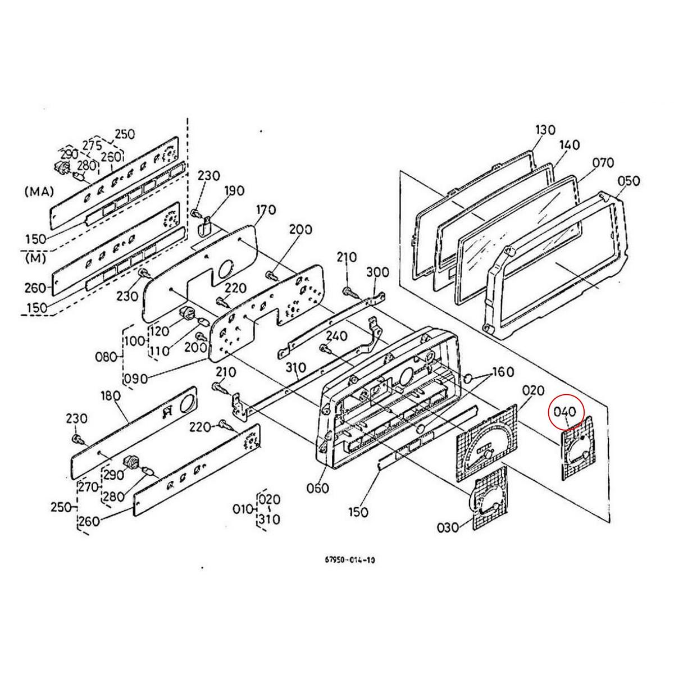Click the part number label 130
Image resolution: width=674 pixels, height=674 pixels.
point(545,130)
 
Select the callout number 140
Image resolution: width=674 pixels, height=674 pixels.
point(570,145)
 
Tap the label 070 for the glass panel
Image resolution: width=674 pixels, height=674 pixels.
point(603,163)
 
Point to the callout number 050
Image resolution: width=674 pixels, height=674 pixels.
point(629,181)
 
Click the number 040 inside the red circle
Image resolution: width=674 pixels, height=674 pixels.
point(565,412)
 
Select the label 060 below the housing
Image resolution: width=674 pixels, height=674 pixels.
point(318,488)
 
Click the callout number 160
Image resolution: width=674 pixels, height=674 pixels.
point(503,372)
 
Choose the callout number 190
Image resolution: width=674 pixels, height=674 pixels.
point(234,191)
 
